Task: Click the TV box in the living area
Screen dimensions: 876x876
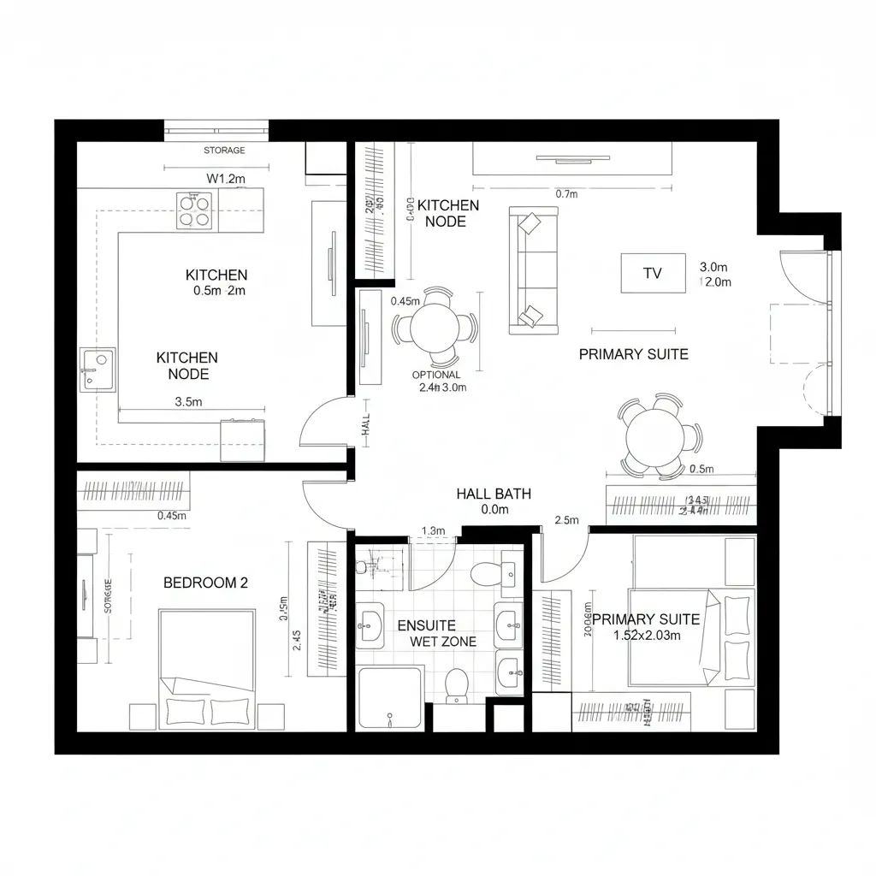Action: (653, 274)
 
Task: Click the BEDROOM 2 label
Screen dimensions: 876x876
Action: (205, 583)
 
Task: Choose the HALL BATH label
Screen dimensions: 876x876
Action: (494, 494)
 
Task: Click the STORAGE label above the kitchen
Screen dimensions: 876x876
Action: (224, 151)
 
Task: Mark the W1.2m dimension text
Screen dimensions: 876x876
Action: (227, 179)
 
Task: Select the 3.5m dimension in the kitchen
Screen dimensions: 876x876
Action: (188, 401)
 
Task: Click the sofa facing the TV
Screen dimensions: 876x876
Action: (534, 269)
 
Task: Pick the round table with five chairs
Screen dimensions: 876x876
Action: (657, 437)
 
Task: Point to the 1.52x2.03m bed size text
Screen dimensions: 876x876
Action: (647, 636)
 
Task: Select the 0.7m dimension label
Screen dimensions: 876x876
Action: (567, 194)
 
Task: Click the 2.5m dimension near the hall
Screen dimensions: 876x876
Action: (567, 520)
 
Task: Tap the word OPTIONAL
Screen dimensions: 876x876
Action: (436, 375)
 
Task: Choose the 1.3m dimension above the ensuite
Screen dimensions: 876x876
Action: (435, 531)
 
